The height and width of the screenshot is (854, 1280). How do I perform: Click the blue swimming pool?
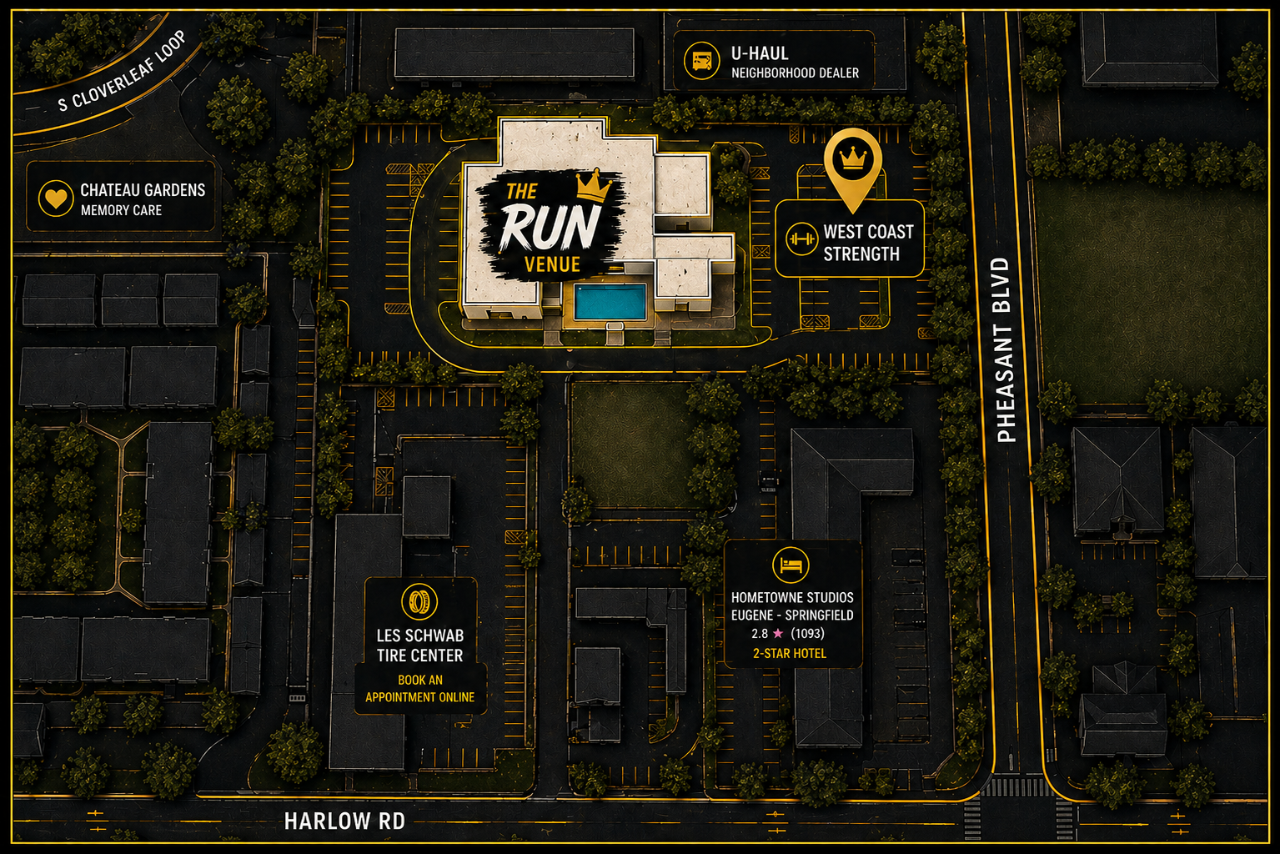610,302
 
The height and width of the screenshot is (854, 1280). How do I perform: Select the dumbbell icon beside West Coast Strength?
801,239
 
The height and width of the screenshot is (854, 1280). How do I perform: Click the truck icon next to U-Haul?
702,61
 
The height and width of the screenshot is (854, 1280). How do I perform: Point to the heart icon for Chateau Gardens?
56,198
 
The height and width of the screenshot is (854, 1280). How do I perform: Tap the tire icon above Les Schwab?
419,601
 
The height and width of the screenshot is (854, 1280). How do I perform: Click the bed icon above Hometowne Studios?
791,565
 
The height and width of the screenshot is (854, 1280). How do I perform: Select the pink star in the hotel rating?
778,633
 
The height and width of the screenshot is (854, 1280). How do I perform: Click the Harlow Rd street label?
344,821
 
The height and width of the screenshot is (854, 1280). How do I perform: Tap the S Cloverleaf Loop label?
123,71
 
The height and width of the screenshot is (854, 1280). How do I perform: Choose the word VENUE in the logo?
552,264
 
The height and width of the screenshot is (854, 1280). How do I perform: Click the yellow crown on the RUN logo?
594,185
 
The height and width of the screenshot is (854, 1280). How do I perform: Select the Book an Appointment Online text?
420,689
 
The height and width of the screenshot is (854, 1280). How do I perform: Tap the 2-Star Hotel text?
790,654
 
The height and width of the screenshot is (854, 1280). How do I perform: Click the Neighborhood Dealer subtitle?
795,73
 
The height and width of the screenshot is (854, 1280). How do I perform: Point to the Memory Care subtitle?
121,210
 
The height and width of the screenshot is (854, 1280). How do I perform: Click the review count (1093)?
807,633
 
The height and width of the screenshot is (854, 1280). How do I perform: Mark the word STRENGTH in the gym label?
861,254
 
